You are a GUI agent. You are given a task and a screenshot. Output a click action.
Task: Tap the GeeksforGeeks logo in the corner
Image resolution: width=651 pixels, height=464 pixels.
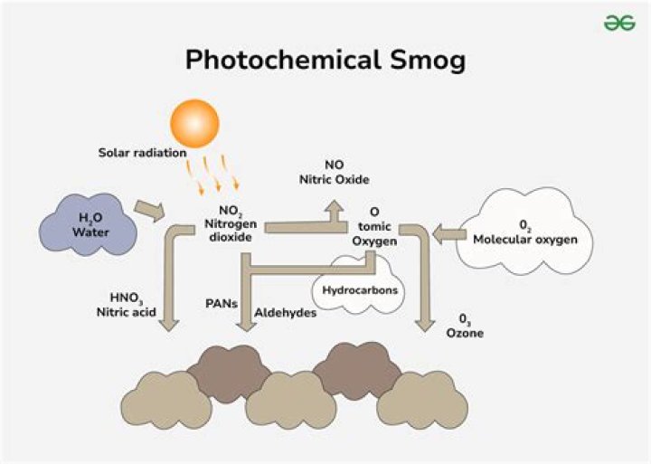coord(619,23)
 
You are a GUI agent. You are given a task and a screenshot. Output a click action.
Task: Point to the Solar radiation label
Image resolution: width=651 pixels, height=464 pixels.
coord(141,152)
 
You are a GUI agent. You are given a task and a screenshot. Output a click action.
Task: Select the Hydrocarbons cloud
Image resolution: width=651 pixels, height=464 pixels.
coord(354,289)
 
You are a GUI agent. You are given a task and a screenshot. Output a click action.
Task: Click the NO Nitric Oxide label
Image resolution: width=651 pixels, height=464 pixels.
coord(335,173)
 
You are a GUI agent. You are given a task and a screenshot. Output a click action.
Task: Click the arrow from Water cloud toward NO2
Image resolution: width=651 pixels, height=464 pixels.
coord(149,212)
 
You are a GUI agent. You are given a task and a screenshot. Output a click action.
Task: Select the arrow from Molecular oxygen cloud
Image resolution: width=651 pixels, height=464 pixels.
coord(444,236)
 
